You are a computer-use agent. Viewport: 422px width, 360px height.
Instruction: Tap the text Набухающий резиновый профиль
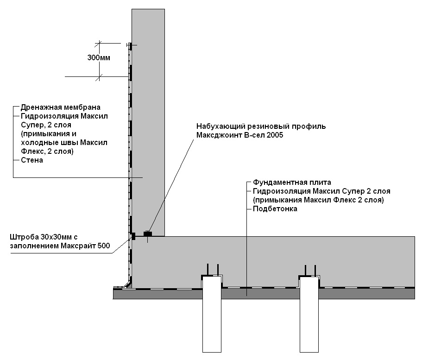tap(261, 126)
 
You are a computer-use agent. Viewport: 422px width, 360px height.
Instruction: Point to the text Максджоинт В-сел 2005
tap(239, 135)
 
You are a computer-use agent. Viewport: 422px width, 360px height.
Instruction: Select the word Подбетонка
tap(275, 209)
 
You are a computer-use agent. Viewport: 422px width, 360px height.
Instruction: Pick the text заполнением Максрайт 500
tap(60, 246)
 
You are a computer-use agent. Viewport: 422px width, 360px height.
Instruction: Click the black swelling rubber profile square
tap(148, 234)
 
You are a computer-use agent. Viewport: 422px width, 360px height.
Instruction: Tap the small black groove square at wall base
tap(133, 236)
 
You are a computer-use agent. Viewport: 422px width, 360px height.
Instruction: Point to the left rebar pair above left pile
tap(212, 270)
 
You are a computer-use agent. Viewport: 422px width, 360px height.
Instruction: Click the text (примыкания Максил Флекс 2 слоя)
tap(319, 200)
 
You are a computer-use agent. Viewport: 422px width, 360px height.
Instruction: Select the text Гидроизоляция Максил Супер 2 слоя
tap(321, 191)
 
